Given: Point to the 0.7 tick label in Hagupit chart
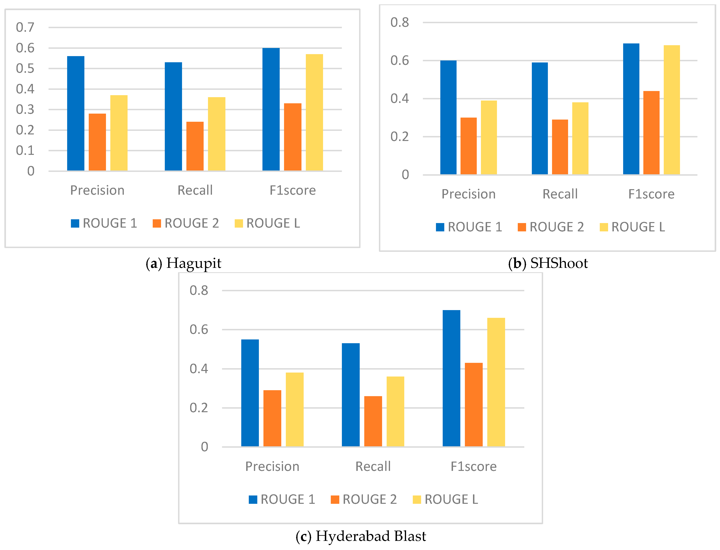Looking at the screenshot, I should (x=25, y=28).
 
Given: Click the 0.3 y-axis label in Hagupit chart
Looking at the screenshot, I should (x=25, y=110).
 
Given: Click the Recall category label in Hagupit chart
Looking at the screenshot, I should (x=195, y=190).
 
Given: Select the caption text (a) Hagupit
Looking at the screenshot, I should (x=183, y=263).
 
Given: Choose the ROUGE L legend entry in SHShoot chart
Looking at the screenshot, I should (x=632, y=227).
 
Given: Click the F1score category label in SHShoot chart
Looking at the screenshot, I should (x=651, y=194).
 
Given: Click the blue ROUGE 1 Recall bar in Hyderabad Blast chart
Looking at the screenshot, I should (x=351, y=395).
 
